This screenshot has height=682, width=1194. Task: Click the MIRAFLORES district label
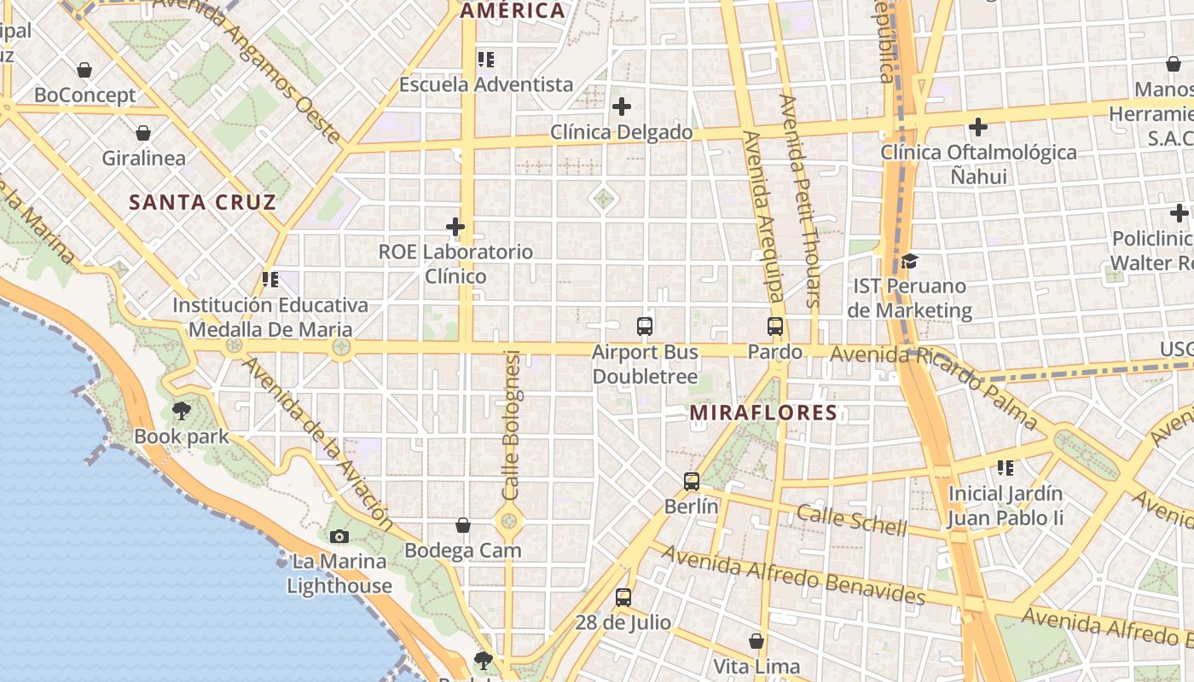click(763, 413)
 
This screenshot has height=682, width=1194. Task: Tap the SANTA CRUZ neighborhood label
click(202, 202)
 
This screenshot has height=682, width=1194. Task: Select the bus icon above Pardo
click(775, 327)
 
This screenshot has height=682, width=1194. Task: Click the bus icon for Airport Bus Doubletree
click(645, 327)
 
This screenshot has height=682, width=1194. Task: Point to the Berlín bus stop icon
click(692, 482)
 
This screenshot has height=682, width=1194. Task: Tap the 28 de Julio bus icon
click(623, 598)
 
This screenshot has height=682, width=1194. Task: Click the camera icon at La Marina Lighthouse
click(339, 536)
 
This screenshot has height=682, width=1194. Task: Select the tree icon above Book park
click(182, 411)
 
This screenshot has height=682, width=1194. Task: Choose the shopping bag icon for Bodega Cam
click(463, 525)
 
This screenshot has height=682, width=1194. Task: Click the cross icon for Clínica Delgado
click(622, 107)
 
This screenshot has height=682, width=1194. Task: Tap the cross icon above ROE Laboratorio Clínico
click(455, 227)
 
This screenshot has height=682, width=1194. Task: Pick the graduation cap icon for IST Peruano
click(910, 261)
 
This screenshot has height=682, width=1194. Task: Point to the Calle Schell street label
click(852, 520)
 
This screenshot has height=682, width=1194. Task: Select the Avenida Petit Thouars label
click(800, 200)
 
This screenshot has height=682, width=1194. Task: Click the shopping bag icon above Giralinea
click(143, 133)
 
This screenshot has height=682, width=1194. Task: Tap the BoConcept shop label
click(85, 95)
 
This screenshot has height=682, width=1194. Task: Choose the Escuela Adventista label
click(486, 84)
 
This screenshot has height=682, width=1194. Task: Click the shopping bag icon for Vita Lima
click(756, 641)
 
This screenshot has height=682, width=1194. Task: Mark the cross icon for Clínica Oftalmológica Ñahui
click(978, 128)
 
